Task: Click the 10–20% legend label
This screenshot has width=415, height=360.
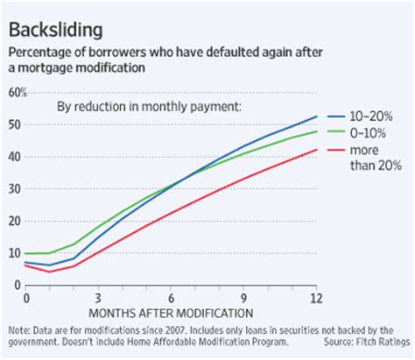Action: (375, 116)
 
